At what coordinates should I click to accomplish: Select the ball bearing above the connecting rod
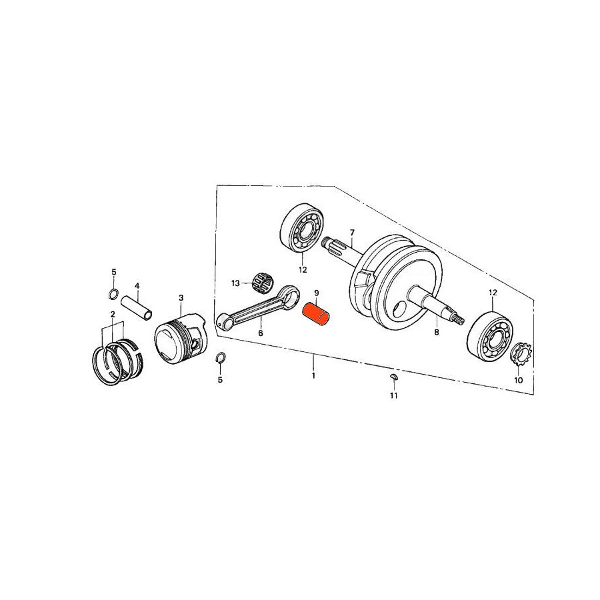pos(303,228)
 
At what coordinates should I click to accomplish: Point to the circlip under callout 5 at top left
pos(113,294)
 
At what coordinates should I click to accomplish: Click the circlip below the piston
pos(221,357)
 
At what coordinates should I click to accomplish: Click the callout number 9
pos(317,293)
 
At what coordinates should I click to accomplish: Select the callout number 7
pos(352,232)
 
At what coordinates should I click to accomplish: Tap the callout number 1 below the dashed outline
pos(313,375)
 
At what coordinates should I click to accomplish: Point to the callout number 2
pos(113,314)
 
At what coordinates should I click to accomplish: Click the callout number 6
pos(261,333)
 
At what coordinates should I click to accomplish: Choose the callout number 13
pos(235,283)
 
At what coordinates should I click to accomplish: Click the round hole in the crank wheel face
pos(400,307)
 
